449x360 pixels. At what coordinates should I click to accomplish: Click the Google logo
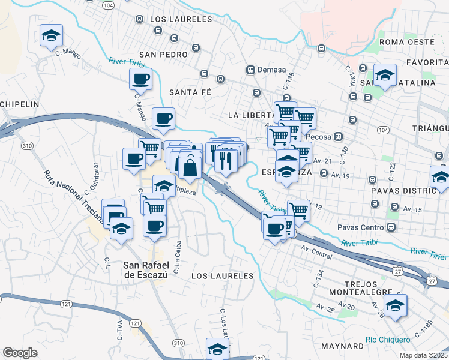pyautogui.click(x=20, y=352)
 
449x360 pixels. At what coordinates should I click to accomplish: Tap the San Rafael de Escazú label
pyautogui.click(x=148, y=269)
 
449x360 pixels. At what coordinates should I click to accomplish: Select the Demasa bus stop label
pyautogui.click(x=271, y=69)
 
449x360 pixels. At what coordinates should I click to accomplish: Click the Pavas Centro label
pyautogui.click(x=366, y=227)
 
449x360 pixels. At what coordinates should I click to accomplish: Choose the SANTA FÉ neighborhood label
pyautogui.click(x=191, y=92)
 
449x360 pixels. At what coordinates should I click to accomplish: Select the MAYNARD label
pyautogui.click(x=342, y=346)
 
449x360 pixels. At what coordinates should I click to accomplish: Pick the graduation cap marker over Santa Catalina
pyautogui.click(x=385, y=75)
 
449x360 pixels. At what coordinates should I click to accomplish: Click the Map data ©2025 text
pyautogui.click(x=423, y=355)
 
